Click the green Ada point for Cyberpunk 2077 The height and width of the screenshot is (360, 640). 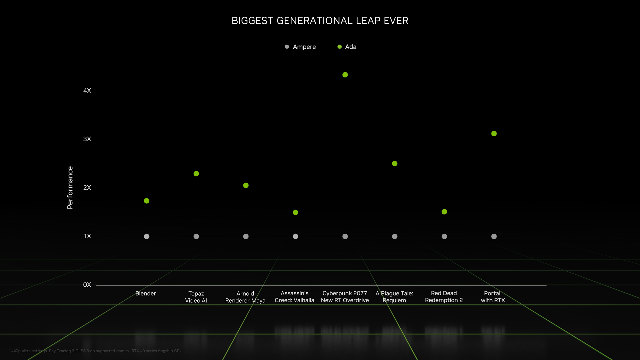[345, 75]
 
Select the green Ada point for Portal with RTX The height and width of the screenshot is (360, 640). [494, 134]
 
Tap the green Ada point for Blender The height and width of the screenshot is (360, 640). [147, 201]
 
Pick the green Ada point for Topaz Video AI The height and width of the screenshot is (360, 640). [196, 174]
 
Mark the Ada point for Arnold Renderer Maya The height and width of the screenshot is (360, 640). [246, 185]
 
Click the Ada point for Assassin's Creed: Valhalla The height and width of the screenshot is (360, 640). [295, 212]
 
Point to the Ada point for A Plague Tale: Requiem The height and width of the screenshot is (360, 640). [395, 164]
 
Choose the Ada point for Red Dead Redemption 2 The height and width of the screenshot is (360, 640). [444, 212]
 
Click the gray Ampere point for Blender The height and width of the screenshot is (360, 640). [147, 236]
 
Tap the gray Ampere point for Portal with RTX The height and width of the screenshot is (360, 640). [494, 236]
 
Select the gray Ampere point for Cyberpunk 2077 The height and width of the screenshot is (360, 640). [345, 236]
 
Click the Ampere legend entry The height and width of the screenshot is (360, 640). [301, 47]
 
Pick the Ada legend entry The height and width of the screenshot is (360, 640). [347, 47]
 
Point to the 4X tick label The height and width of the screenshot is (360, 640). [87, 90]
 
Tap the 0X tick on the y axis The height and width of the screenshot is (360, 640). [87, 285]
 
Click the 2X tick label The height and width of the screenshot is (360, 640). [87, 187]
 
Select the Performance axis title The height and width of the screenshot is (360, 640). [70, 187]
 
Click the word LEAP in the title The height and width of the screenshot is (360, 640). [368, 21]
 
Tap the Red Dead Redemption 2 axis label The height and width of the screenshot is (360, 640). [444, 297]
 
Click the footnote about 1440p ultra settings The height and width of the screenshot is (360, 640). [96, 351]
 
